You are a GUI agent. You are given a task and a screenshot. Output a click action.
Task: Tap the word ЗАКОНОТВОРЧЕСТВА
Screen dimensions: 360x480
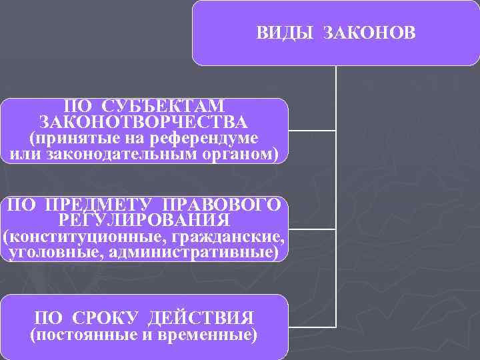tap(144, 122)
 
